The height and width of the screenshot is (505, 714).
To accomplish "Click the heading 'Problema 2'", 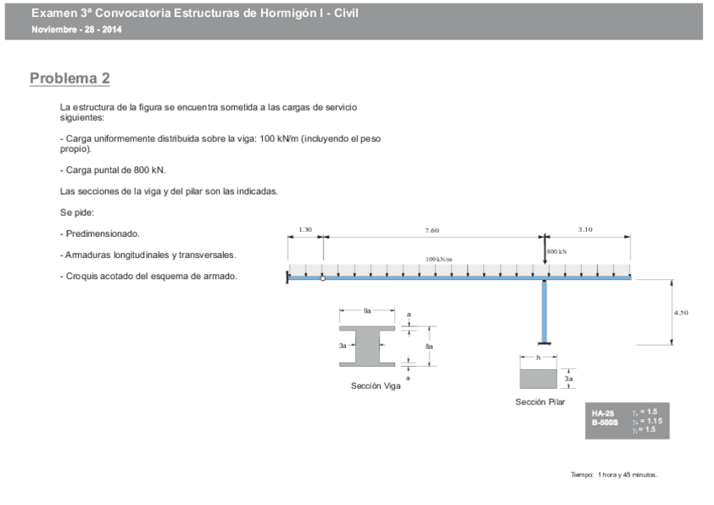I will [70, 78].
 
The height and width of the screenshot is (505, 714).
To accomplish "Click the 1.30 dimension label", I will [306, 229].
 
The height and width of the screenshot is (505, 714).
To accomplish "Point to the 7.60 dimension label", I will [431, 229].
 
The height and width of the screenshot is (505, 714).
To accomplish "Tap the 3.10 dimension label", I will [586, 229].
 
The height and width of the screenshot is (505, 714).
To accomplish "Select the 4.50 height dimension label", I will [681, 312].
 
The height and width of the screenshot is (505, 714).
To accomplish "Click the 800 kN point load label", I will [557, 251].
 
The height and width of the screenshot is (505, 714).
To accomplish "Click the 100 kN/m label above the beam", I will [439, 260].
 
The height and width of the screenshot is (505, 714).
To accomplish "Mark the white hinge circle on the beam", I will [322, 278].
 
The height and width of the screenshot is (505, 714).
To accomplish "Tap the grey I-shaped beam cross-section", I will [367, 346].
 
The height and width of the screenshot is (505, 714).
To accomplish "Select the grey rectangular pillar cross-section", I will [538, 379].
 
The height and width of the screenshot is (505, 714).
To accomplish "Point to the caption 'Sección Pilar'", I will [541, 402].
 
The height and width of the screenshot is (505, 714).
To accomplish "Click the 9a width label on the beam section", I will [367, 311].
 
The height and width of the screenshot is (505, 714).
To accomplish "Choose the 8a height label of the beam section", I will [429, 347].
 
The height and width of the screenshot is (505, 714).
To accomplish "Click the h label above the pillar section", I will [538, 357].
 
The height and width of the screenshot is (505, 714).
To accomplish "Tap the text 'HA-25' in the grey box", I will [603, 413].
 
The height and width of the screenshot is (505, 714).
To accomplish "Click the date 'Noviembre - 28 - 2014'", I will [77, 30].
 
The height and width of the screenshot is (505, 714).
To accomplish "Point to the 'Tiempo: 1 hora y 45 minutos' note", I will [614, 475].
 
